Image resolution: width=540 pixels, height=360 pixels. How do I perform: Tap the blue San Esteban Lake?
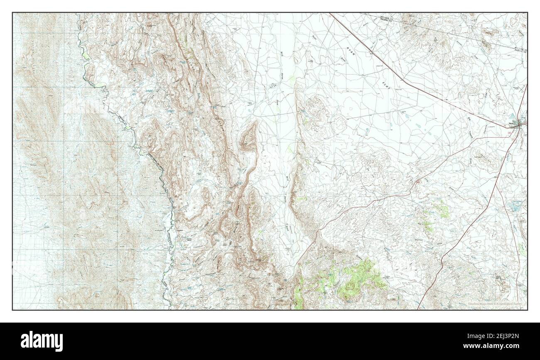(x=515, y=206)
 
